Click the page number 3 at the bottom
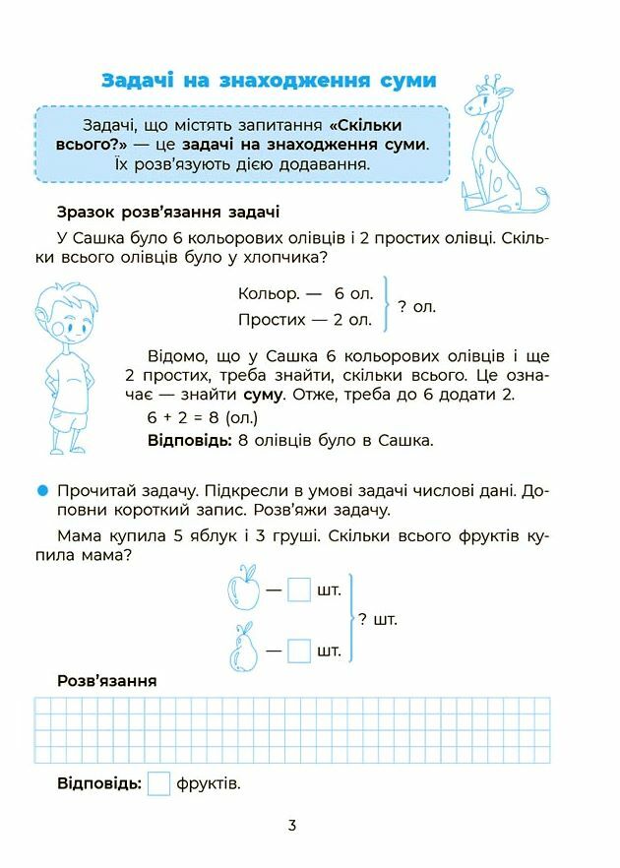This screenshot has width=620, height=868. (292, 826)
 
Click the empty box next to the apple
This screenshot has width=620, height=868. (299, 590)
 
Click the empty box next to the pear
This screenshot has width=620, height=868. (299, 651)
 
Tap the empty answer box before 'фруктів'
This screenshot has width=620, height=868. (158, 784)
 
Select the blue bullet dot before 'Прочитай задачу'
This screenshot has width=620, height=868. (41, 490)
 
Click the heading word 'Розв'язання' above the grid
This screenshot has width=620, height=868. (107, 681)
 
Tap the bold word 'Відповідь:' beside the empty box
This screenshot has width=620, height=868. (99, 784)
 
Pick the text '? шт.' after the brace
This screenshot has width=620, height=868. (378, 620)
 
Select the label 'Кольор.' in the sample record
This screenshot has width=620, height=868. (268, 293)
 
